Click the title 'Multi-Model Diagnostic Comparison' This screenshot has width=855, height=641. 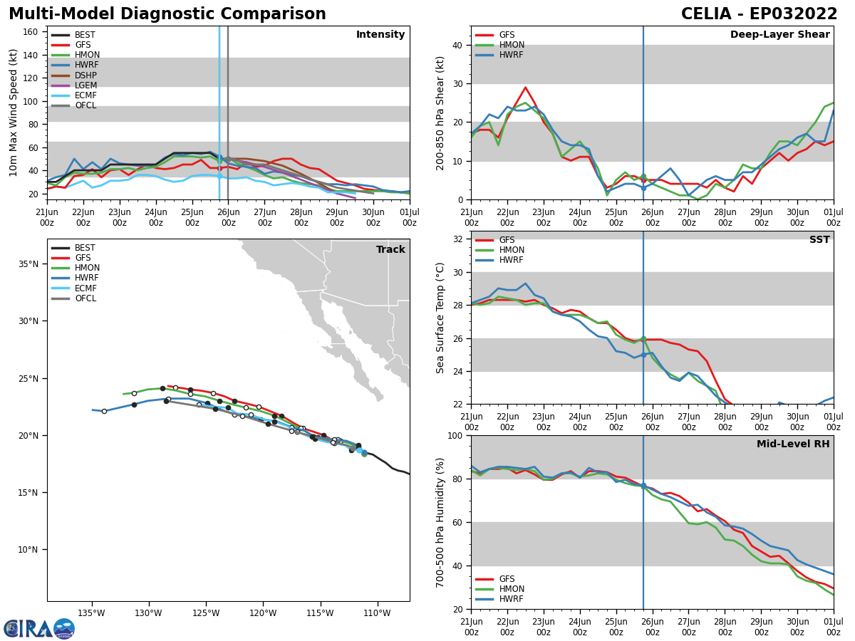pyautogui.click(x=167, y=14)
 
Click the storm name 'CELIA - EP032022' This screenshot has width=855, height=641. pyautogui.click(x=759, y=14)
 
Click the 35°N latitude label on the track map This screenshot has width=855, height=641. pyautogui.click(x=28, y=264)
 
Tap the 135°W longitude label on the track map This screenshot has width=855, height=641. pyautogui.click(x=91, y=613)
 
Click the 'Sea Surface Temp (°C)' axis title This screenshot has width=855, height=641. pyautogui.click(x=441, y=318)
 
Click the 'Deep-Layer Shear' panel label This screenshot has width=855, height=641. pyautogui.click(x=779, y=35)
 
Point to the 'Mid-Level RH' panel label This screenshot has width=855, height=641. pyautogui.click(x=792, y=444)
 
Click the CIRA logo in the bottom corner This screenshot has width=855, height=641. pyautogui.click(x=39, y=629)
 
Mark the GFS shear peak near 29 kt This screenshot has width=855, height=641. pyautogui.click(x=525, y=88)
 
